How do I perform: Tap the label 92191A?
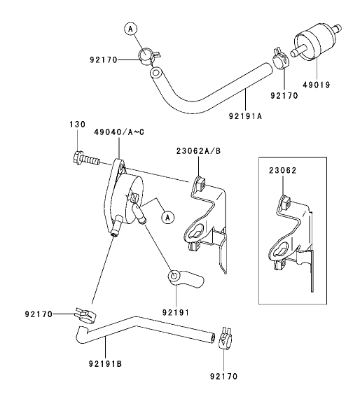[x=244, y=116]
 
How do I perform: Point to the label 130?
[x=76, y=124]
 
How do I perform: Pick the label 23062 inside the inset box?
[x=282, y=169]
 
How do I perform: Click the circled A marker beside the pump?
[x=167, y=217]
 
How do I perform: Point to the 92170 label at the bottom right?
[x=223, y=376]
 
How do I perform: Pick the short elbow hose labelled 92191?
[x=184, y=280]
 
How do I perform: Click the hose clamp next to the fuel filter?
[x=279, y=57]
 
